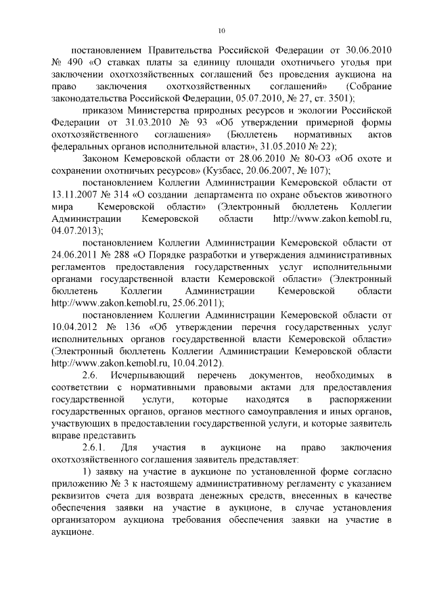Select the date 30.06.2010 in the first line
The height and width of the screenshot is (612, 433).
click(x=359, y=51)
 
